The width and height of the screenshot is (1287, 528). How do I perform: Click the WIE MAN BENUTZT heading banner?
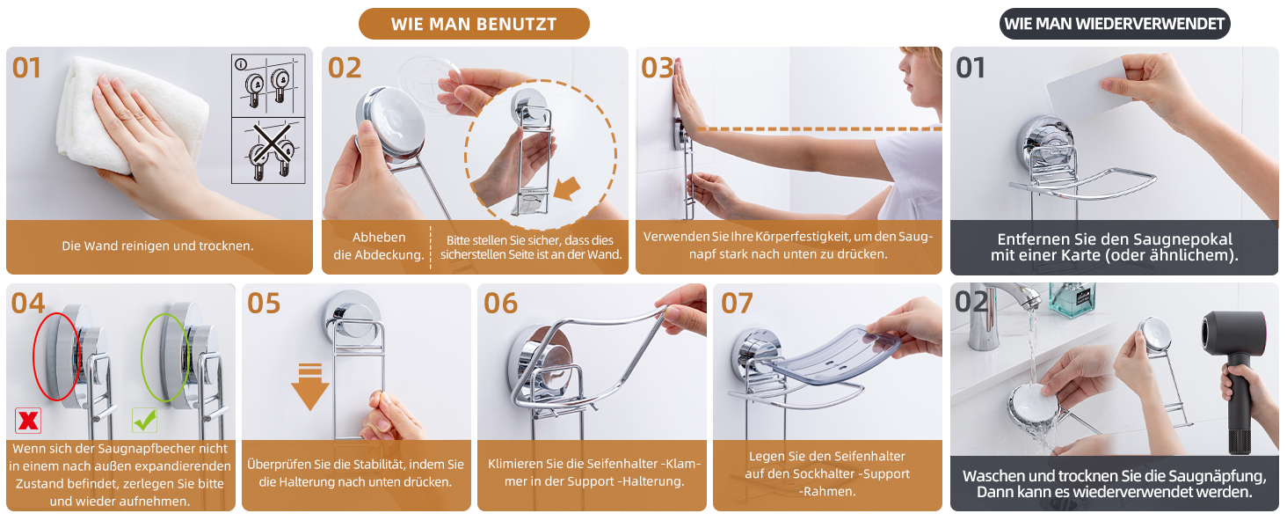474,24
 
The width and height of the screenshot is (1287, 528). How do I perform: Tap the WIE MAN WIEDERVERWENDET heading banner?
1115,24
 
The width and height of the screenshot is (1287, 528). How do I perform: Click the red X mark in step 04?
28,421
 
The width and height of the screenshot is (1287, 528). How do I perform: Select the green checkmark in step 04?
144,420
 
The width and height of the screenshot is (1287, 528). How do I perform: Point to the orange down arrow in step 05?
309,386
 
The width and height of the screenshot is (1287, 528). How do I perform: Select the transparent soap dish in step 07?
833,355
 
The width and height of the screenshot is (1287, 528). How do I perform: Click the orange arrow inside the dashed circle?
567,187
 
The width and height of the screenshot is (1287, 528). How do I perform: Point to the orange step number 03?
658,68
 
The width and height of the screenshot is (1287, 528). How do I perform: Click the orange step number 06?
500,303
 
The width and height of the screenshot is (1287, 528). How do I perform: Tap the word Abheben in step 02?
379,237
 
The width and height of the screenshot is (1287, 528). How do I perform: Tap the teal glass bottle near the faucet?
1072,299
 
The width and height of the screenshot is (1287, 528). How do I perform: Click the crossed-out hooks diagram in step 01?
268,150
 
